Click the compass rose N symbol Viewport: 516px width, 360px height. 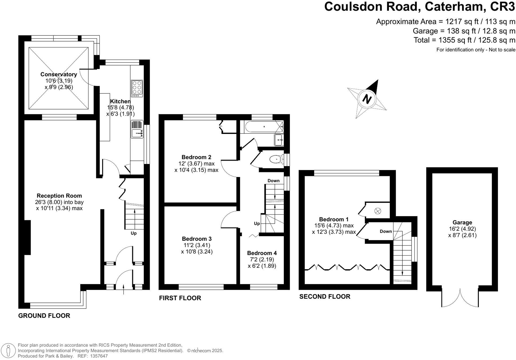[x=367, y=99]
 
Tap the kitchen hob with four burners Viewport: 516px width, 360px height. [x=137, y=88]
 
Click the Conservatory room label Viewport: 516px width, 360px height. [x=59, y=74]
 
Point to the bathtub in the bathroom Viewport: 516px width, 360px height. [x=264, y=127]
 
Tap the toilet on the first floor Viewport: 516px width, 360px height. [x=276, y=159]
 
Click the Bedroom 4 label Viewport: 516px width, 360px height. [x=262, y=253]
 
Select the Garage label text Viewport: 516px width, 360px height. [x=462, y=222]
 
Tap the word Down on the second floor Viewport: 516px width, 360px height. [x=386, y=231]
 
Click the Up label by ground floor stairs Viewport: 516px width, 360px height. [x=134, y=233]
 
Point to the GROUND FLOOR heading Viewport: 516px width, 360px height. [x=44, y=316]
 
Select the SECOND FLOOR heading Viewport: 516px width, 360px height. [x=324, y=297]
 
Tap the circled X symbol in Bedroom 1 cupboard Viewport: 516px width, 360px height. [x=377, y=211]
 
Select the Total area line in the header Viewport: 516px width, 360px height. [x=464, y=40]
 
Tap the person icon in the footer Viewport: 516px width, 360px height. [x=9, y=350]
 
